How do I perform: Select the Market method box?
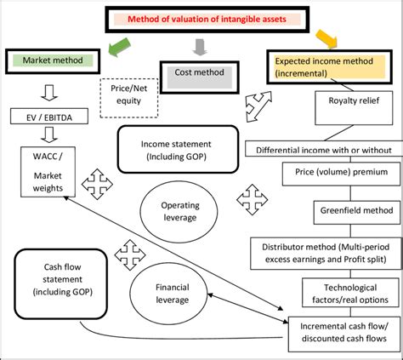(54, 60)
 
